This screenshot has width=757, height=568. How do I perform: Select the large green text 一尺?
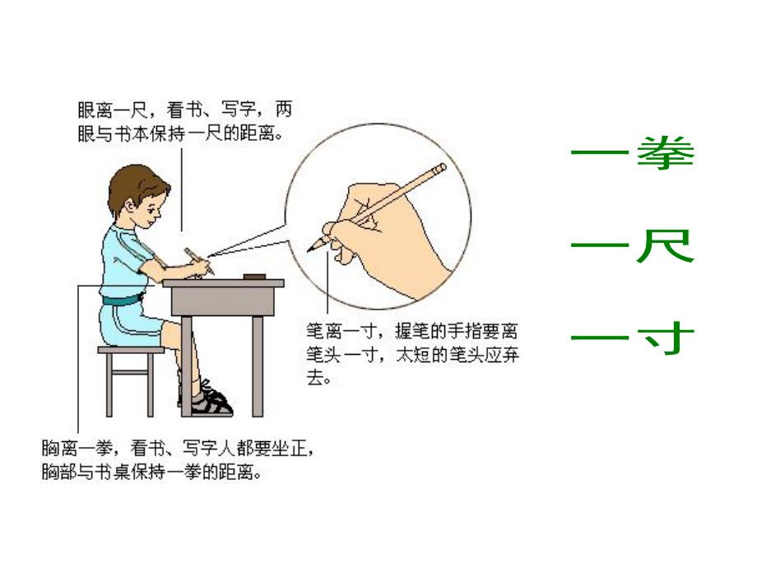point(632,246)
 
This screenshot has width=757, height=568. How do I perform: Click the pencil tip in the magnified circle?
point(313,247)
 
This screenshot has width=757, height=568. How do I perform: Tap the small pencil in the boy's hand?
point(198,260)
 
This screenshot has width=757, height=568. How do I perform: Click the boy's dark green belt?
point(123,300)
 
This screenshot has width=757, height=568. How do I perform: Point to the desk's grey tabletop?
point(222,284)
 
